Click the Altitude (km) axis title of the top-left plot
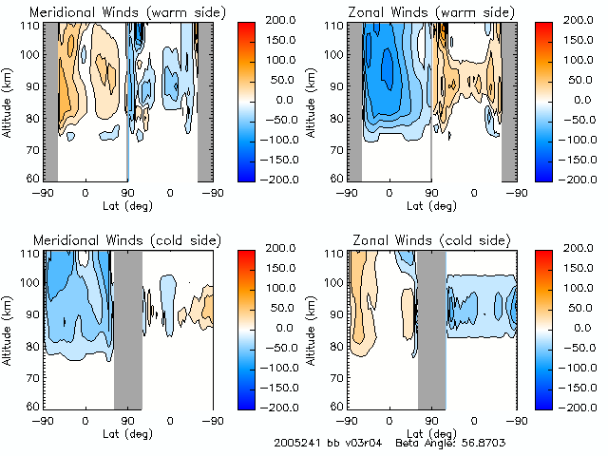[x=9, y=99]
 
